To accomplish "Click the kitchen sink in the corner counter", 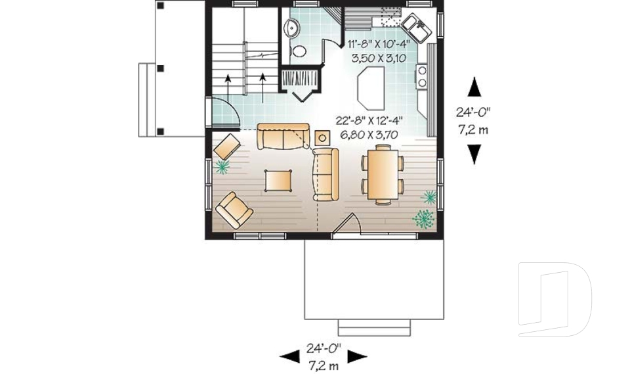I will point(416,26).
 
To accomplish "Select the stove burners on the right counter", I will point(422,75).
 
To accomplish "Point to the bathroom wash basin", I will point(291,28).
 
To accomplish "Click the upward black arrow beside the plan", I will point(474,87).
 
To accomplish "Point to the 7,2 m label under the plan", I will point(323,362).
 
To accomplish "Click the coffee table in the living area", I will point(278,179).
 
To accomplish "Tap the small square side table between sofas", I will point(322,137).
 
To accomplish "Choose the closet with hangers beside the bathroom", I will point(299,79).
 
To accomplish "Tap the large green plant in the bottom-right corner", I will point(424,218).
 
